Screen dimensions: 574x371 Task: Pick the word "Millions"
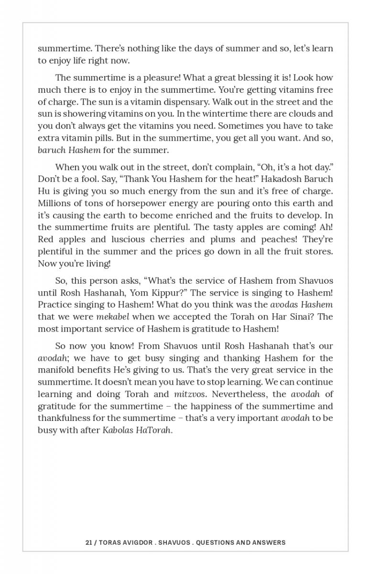point(55,202)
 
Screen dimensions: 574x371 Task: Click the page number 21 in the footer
point(88,542)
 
